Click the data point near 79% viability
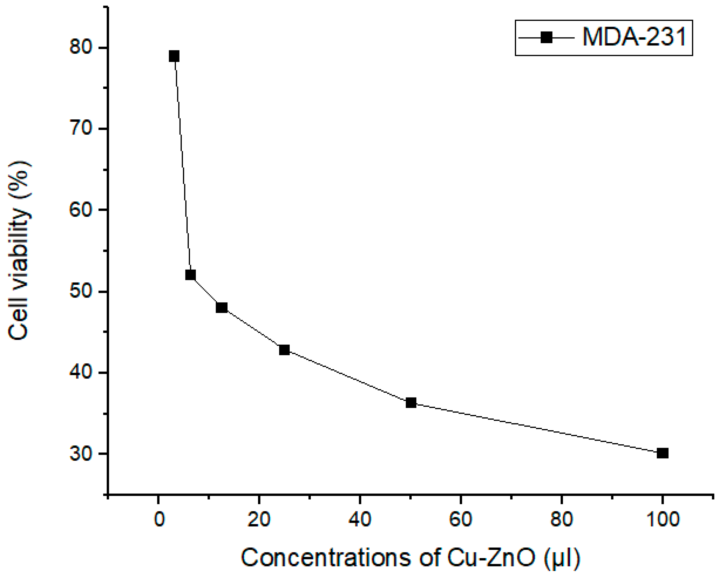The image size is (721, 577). (174, 56)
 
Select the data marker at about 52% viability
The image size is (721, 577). (190, 275)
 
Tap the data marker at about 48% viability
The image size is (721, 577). (221, 307)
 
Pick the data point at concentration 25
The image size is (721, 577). (284, 350)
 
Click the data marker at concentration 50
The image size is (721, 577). (411, 403)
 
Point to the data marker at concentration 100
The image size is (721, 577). (663, 453)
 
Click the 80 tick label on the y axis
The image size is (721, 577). (80, 47)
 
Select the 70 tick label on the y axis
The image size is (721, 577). (80, 128)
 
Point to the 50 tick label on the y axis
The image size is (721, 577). (80, 291)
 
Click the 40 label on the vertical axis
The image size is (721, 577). (80, 372)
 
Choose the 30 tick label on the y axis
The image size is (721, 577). (80, 454)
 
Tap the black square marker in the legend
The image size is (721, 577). (546, 37)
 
